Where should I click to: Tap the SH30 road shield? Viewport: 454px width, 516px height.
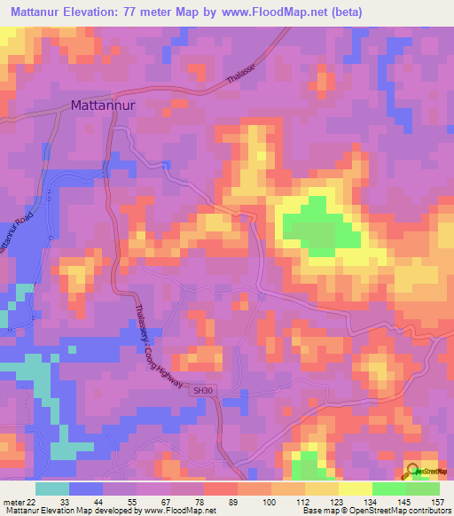[x=204, y=390]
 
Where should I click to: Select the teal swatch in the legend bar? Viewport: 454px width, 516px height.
[x=52, y=488]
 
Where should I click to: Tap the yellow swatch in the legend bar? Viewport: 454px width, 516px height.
[x=356, y=488]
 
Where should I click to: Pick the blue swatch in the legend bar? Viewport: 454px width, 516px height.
[x=86, y=488]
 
